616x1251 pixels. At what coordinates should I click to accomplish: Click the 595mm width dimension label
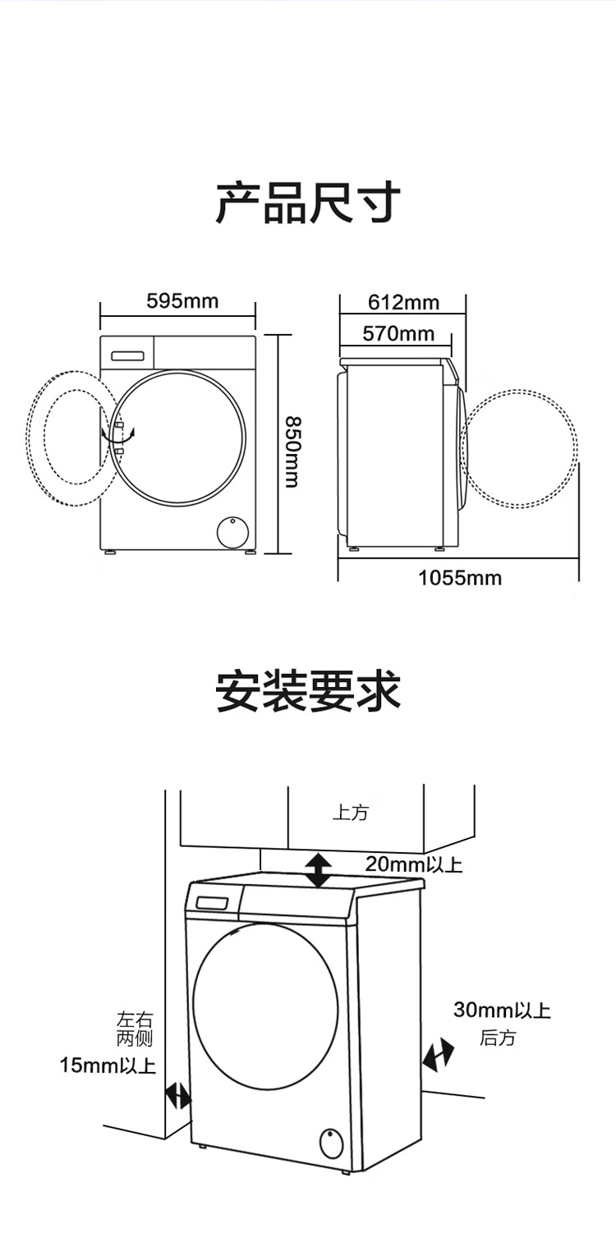(182, 301)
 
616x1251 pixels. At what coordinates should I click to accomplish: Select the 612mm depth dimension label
(403, 303)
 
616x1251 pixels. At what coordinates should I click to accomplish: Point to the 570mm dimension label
(398, 334)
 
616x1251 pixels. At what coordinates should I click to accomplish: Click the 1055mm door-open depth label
(460, 578)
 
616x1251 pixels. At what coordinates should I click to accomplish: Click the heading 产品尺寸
(308, 202)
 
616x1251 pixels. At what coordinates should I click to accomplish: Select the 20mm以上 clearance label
(414, 864)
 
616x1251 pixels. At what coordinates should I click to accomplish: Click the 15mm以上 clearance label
(108, 1065)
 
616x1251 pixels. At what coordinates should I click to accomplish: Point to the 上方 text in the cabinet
(351, 813)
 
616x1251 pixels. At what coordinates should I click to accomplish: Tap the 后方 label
(497, 1038)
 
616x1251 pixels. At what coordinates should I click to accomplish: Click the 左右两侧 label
(134, 1029)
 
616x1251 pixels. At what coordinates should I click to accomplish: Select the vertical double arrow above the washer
(319, 871)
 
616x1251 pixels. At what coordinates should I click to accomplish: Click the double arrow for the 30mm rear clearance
(438, 1055)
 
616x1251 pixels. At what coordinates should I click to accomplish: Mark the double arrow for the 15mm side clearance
(178, 1096)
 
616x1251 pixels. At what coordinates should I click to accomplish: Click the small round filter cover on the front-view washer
(232, 533)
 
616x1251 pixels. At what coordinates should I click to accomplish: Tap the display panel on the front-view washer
(127, 355)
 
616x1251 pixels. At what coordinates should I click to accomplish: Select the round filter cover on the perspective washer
(331, 1143)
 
